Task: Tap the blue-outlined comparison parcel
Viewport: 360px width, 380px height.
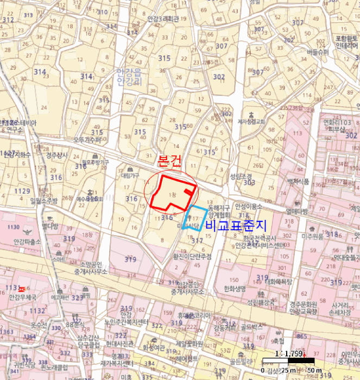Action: point(195,219)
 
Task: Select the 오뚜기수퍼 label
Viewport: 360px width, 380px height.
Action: point(87,140)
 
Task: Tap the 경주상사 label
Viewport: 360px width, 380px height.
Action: point(56,155)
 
